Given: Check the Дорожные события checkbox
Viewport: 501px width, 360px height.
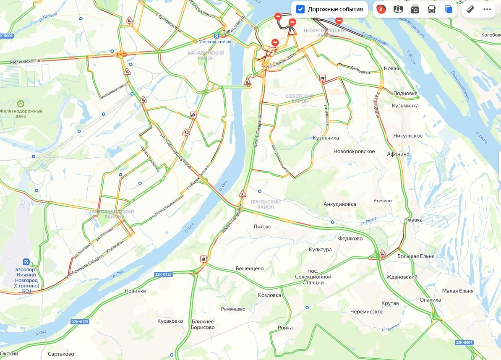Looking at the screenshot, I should pos(300,9).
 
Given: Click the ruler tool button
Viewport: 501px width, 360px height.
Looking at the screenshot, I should pos(470,9).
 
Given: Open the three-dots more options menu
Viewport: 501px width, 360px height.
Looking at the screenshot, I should pos(487,9).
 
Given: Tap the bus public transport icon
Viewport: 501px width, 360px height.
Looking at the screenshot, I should pos(432,9).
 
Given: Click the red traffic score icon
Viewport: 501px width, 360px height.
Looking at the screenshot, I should pos(381,9).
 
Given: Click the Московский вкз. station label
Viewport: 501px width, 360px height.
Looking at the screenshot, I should pos(217,42).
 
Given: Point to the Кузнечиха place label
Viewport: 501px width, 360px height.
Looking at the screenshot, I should pos(326,138).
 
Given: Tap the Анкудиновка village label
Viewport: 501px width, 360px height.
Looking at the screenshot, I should pos(339,204).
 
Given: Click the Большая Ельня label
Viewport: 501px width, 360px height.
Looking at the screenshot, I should pos(416,256).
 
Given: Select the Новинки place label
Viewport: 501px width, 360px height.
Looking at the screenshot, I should pos(136,291).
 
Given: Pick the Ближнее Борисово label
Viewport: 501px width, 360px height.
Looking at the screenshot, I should pos(203,324).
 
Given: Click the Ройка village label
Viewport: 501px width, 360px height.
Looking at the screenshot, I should pos(285,328).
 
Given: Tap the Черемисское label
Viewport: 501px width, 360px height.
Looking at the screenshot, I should pos(367,312).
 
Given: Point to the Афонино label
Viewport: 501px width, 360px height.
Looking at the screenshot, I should pos(398,154).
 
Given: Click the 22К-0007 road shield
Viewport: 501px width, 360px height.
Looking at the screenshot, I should pos(464,343).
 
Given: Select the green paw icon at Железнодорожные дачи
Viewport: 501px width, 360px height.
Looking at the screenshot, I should pos(20,103).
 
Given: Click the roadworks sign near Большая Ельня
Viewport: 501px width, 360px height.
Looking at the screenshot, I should pos(382,253).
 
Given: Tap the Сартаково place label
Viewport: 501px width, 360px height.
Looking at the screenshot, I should pos(61,354).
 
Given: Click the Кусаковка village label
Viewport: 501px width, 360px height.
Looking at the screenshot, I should pos(170,321).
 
